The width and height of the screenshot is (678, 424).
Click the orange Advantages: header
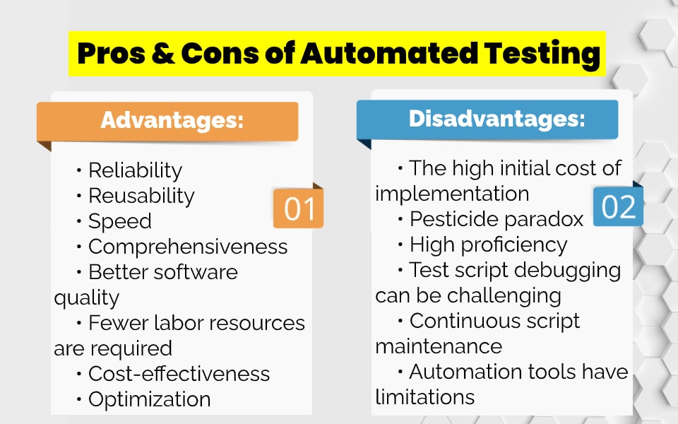tap(172, 120)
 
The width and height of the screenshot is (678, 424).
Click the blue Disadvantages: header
tap(496, 119)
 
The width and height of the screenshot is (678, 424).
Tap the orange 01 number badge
tap(299, 209)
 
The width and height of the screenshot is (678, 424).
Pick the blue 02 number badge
tap(619, 207)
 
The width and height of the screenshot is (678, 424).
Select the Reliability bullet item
tap(135, 170)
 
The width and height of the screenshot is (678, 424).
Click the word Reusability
tap(141, 196)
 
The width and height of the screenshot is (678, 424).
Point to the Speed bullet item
tap(119, 221)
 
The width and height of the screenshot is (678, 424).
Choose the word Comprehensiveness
tap(188, 247)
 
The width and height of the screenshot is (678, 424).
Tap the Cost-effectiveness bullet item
tap(179, 373)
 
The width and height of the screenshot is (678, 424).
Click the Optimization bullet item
tap(149, 399)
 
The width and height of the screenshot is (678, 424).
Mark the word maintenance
tap(439, 346)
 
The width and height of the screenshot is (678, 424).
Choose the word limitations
tap(424, 397)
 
